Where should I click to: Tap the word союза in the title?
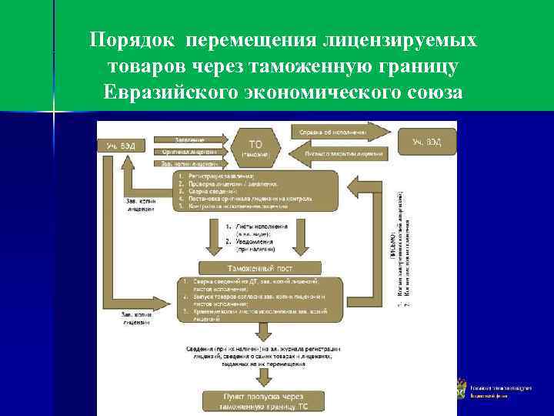pos(430,94)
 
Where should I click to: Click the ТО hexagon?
pos(255,147)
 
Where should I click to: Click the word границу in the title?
pos(416,66)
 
